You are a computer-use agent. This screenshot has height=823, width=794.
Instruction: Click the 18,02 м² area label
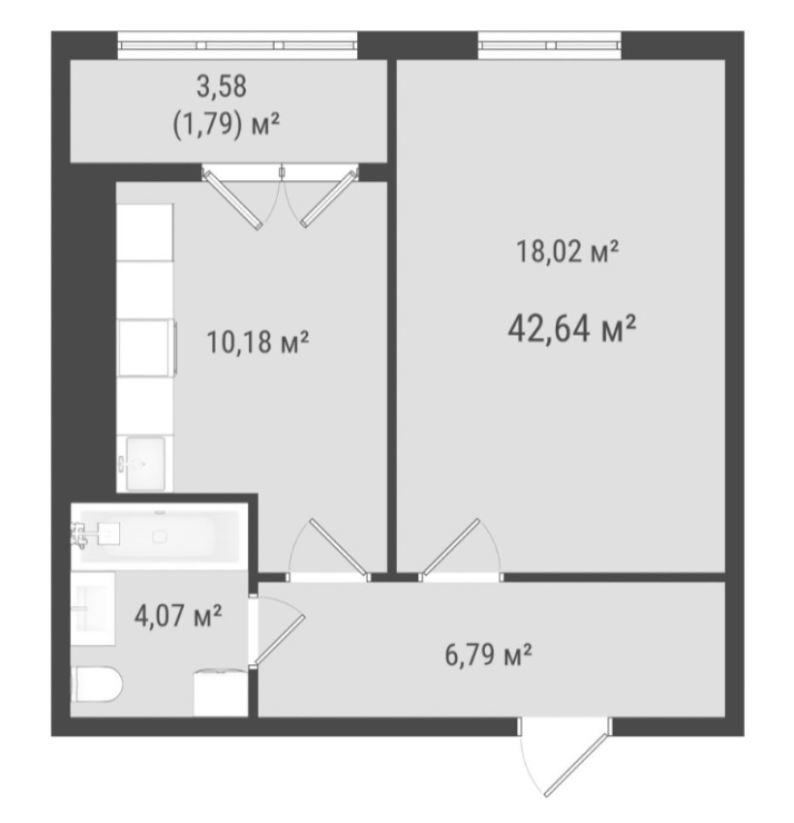[x=567, y=251]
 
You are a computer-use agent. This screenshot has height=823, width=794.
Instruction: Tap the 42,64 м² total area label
[x=572, y=328]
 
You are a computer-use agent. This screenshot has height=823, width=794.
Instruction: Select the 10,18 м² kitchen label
[x=258, y=342]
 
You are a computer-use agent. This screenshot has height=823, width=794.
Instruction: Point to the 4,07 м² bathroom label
[x=178, y=615]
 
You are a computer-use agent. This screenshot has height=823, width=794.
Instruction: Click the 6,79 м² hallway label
[x=489, y=655]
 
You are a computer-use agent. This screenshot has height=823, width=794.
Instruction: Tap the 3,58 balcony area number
[x=222, y=86]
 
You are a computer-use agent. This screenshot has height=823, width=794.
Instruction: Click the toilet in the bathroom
[x=97, y=684]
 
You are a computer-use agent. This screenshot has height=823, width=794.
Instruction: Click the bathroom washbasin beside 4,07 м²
[x=93, y=608]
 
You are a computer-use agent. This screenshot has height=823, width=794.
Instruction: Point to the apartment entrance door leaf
[x=576, y=764]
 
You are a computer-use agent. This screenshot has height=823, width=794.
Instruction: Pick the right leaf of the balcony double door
[x=328, y=198]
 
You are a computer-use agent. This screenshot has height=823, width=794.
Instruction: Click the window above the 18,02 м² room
[x=549, y=46]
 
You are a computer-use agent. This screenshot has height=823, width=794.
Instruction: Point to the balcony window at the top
[x=237, y=46]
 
